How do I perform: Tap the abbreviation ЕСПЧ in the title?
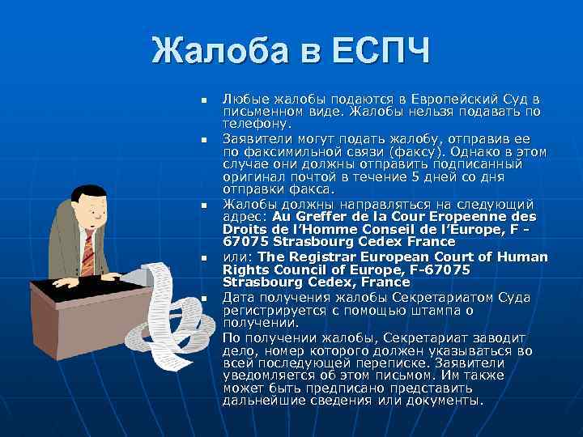pos(378,53)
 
